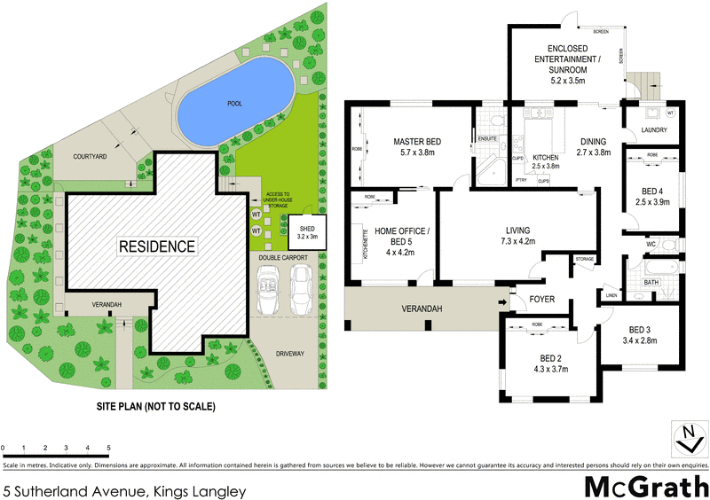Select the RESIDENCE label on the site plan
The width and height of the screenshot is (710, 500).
[156, 246]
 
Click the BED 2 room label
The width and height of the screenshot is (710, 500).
[546, 363]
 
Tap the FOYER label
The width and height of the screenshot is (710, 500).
[541, 300]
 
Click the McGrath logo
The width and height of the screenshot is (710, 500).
[645, 485]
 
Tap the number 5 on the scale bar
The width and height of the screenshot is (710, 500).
[108, 448]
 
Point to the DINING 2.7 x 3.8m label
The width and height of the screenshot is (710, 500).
[594, 146]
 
